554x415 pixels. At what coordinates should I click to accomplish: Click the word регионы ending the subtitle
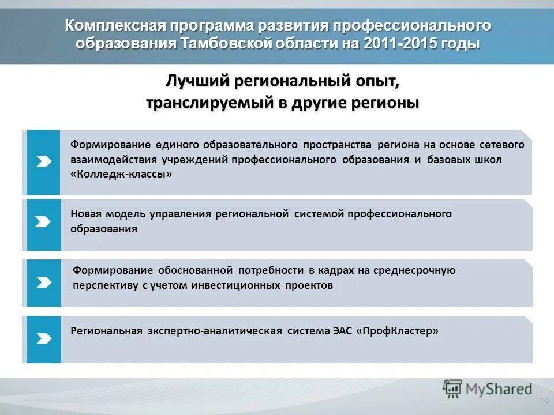click(389, 103)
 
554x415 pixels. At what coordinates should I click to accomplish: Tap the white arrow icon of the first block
click(44, 162)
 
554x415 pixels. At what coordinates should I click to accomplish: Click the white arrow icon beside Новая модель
click(44, 222)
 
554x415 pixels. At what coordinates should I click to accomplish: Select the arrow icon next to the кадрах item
click(44, 283)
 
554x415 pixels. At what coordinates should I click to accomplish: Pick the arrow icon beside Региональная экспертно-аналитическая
click(44, 339)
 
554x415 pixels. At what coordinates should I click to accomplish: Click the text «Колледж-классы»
click(122, 175)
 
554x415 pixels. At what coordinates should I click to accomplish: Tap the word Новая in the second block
click(86, 214)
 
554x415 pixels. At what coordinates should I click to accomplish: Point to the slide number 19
click(542, 401)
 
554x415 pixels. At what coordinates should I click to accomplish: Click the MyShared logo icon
click(452, 390)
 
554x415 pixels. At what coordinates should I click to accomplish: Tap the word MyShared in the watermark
click(499, 390)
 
